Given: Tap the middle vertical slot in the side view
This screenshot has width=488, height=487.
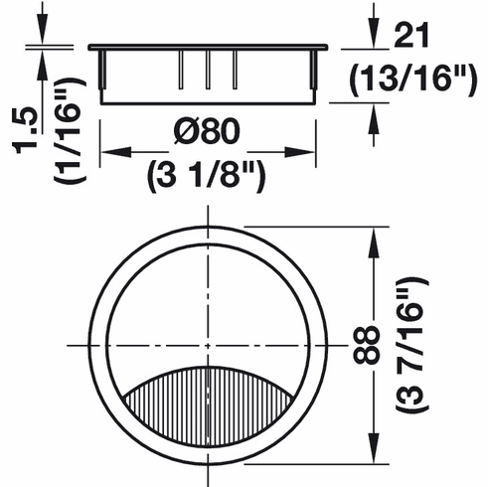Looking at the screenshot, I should click(x=207, y=72).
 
